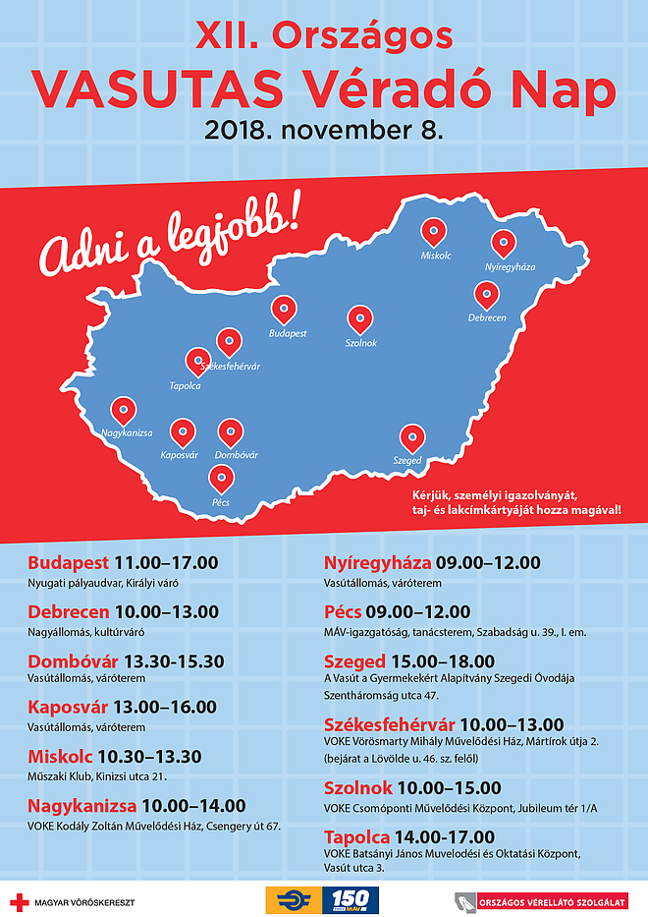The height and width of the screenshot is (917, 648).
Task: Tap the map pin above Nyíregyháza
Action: point(504,244)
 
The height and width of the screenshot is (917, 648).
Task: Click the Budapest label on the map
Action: point(287,333)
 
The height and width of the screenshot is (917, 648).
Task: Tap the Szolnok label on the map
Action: point(360,343)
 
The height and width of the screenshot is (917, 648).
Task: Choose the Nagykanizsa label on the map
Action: point(127,431)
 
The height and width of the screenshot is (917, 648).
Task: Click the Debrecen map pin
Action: point(486,295)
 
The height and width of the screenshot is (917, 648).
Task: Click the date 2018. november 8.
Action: point(324,130)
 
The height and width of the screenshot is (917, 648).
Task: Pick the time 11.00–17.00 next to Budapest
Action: point(166,563)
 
